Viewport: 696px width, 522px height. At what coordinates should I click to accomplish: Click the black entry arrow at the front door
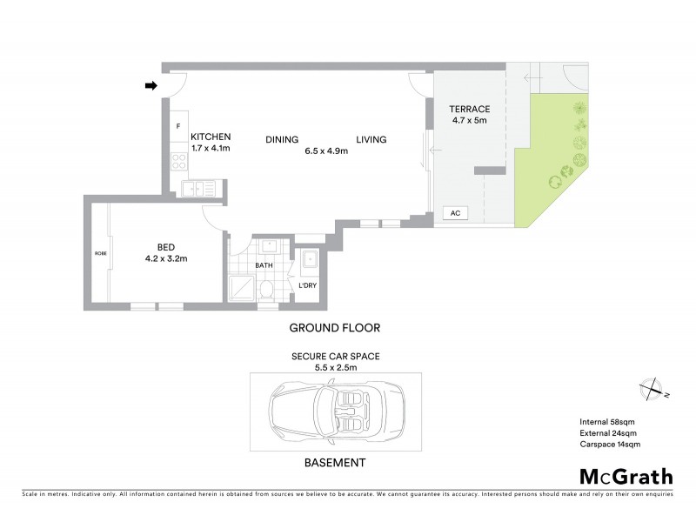click(x=151, y=85)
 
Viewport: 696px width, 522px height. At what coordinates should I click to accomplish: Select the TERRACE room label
click(x=469, y=109)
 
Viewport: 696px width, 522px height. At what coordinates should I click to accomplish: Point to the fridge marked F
click(x=177, y=127)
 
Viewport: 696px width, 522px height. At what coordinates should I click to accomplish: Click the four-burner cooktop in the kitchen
click(x=178, y=160)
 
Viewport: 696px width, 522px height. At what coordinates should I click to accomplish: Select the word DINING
click(x=282, y=139)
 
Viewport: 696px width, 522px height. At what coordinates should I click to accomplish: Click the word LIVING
click(x=371, y=139)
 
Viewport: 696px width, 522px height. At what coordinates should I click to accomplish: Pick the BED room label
click(x=166, y=246)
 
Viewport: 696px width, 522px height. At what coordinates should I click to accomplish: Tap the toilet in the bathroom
click(x=268, y=288)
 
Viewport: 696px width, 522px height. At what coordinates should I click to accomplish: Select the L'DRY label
click(x=307, y=286)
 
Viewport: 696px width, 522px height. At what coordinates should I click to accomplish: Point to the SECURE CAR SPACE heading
click(x=336, y=357)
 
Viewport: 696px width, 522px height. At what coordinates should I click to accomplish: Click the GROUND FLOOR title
click(x=335, y=328)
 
